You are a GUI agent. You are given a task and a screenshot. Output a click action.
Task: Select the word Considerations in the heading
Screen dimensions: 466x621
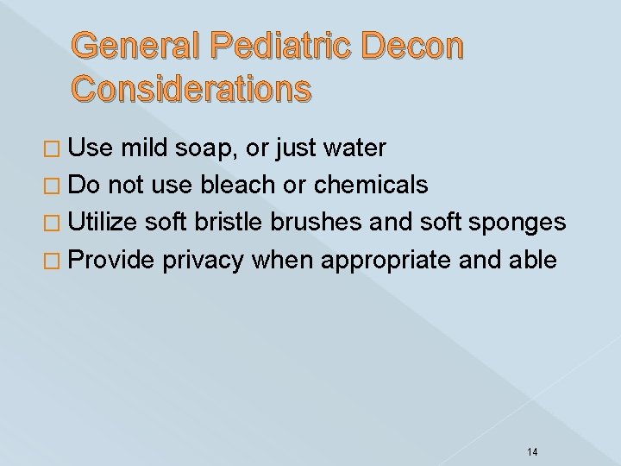(x=191, y=88)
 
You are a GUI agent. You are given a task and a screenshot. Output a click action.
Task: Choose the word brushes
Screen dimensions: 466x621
(x=317, y=223)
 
